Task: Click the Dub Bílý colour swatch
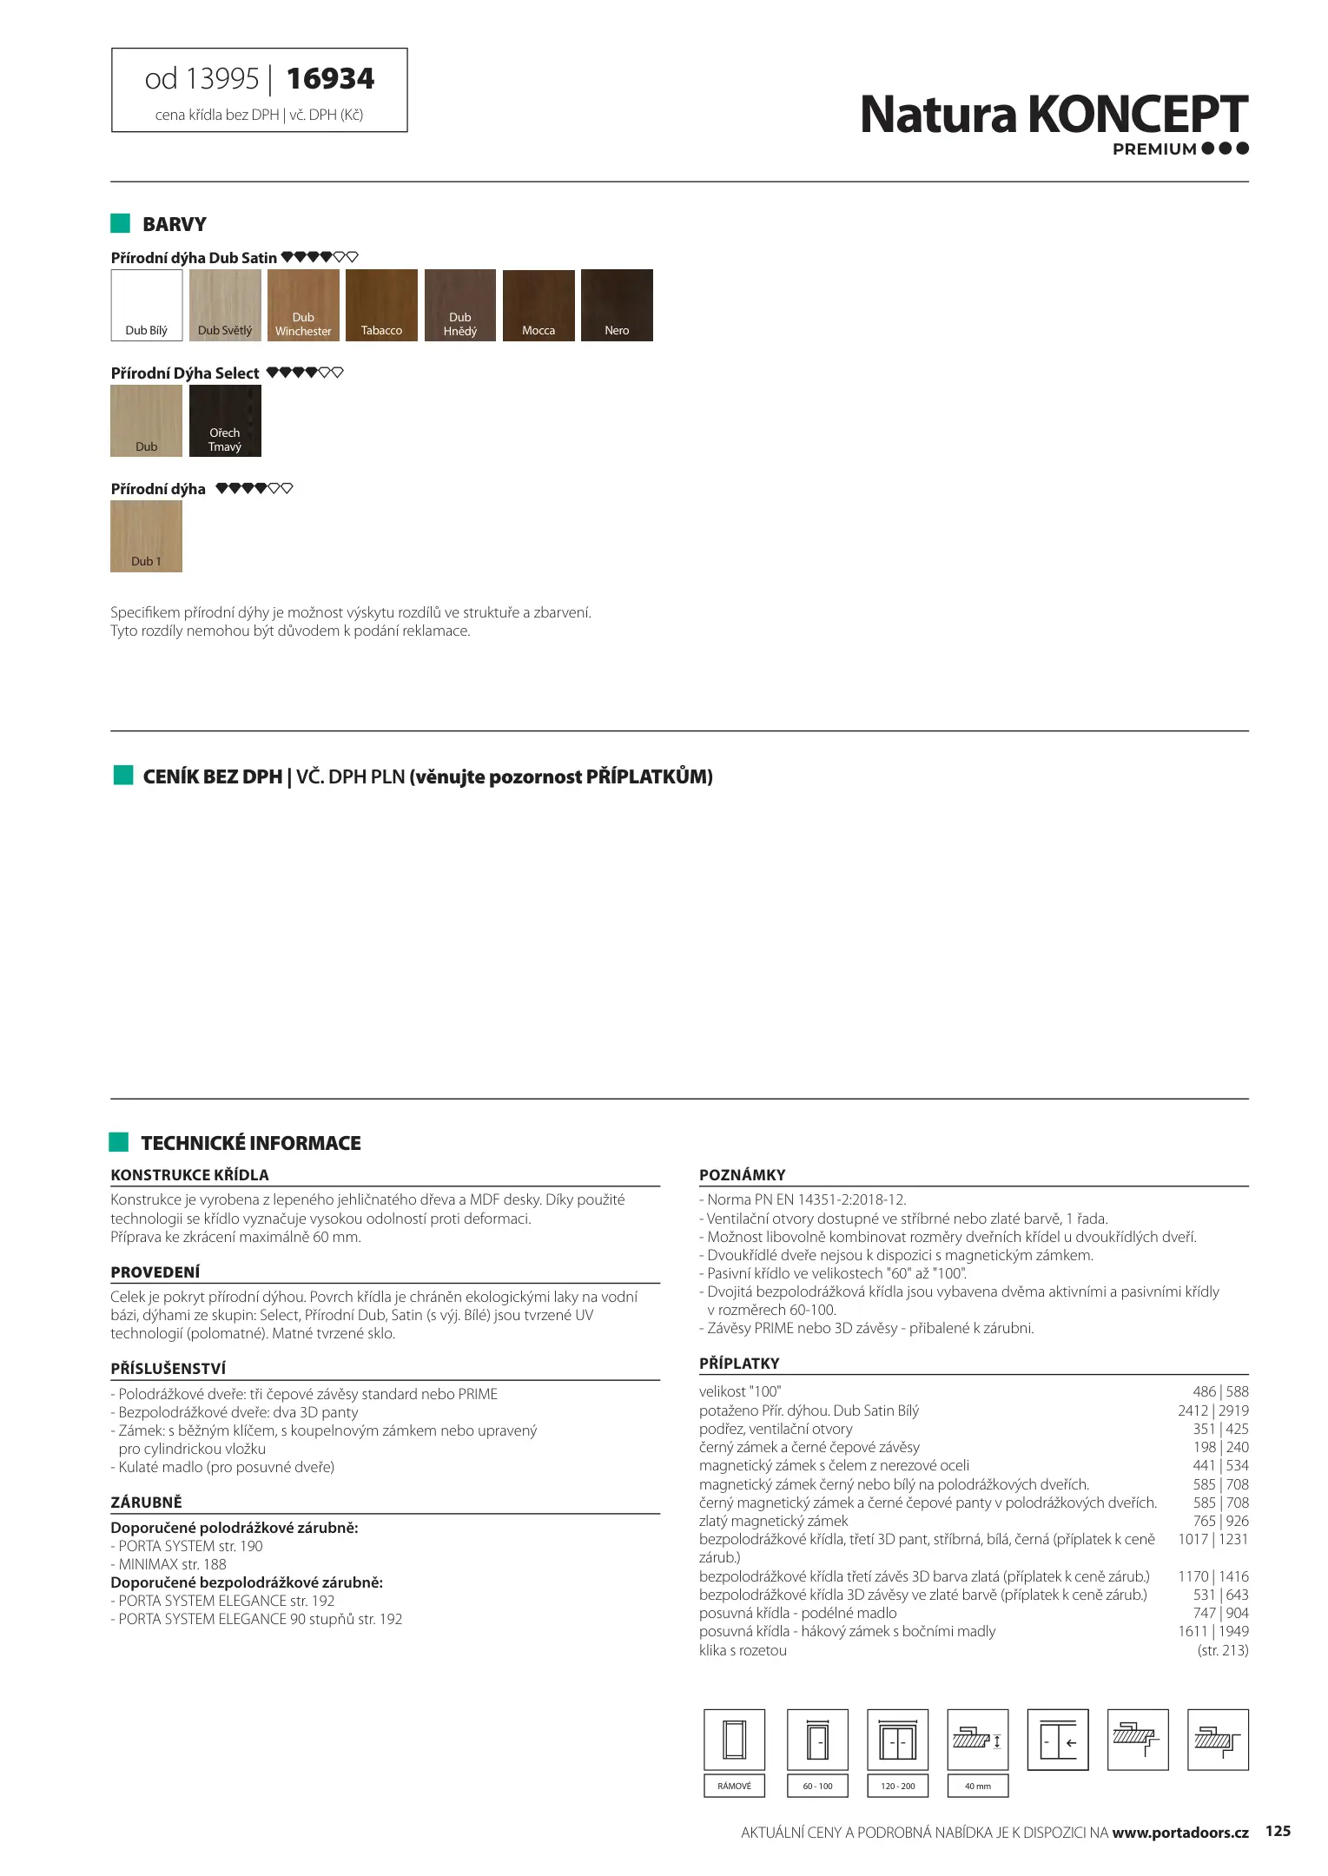click(147, 305)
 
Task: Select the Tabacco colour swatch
click(381, 305)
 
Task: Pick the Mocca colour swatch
click(538, 305)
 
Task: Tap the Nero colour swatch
click(617, 305)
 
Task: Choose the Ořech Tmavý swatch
click(225, 420)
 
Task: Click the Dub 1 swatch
click(146, 536)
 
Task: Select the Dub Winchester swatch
click(303, 305)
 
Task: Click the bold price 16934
click(330, 79)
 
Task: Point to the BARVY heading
click(174, 224)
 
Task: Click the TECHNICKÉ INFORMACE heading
click(250, 1143)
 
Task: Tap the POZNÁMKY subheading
click(742, 1175)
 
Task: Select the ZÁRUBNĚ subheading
click(146, 1502)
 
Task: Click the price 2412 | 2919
click(1212, 1410)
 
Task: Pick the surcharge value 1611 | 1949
click(1212, 1631)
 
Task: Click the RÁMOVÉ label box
click(734, 1787)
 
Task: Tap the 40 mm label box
click(977, 1787)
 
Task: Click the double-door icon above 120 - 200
click(897, 1740)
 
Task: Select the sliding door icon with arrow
click(1057, 1740)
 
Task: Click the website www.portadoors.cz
click(1179, 1833)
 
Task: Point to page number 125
click(1278, 1831)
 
